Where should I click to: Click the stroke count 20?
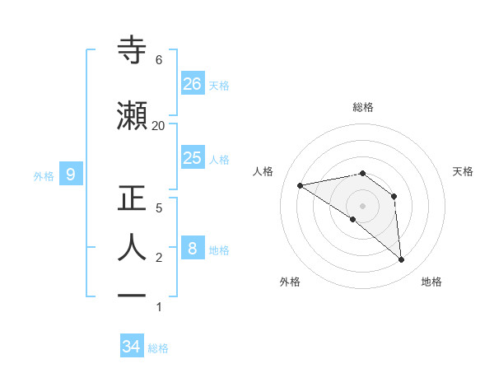[158, 125]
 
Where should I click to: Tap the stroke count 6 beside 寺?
[158, 60]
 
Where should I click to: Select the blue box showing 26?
[193, 84]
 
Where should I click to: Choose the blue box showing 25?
[193, 158]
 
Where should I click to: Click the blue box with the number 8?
[193, 249]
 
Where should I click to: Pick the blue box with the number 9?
[71, 175]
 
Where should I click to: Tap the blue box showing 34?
[132, 347]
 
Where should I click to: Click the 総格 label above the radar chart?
[362, 107]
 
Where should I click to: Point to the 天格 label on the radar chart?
[463, 171]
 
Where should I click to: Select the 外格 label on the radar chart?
[289, 282]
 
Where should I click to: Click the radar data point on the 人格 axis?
[301, 185]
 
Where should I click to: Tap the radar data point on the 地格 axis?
[401, 259]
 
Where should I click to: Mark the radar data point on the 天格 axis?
[394, 196]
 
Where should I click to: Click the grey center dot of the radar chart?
[362, 206]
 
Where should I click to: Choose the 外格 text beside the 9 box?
[44, 175]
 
